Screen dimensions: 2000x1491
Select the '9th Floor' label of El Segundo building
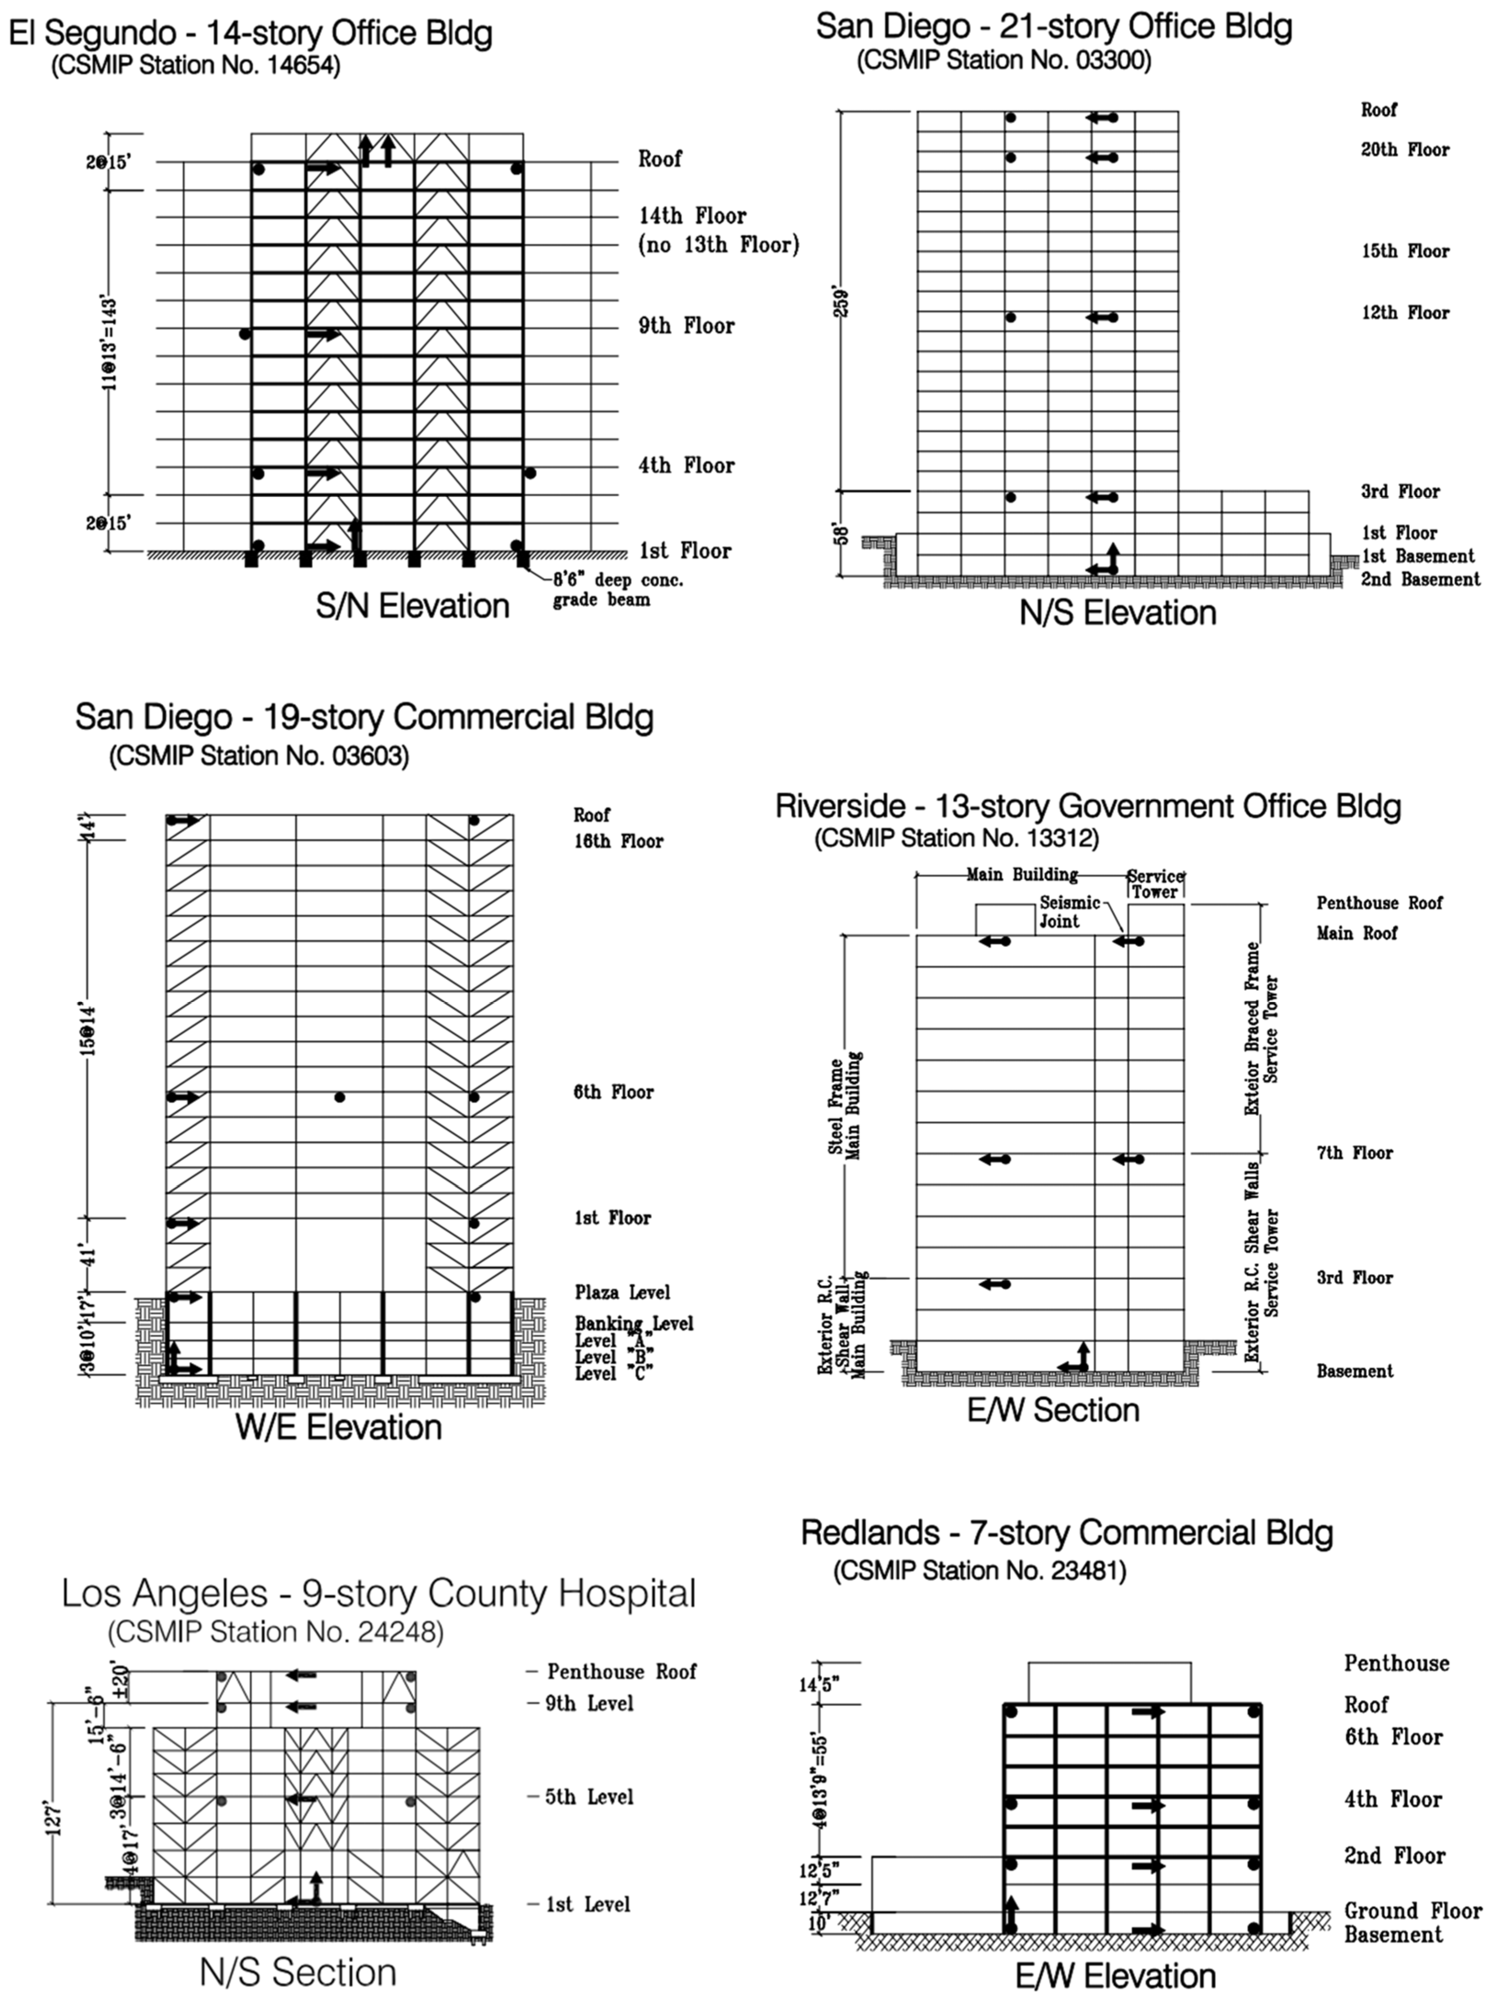[686, 326]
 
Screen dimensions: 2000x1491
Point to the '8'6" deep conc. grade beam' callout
[618, 589]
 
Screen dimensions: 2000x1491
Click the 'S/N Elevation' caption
[412, 605]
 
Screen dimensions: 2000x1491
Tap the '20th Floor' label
[1404, 150]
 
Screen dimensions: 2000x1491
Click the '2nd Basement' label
[1420, 579]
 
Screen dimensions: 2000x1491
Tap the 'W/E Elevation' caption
[339, 1426]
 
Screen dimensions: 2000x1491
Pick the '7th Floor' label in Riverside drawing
[1354, 1153]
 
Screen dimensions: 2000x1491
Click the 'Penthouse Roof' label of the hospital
[621, 1672]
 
